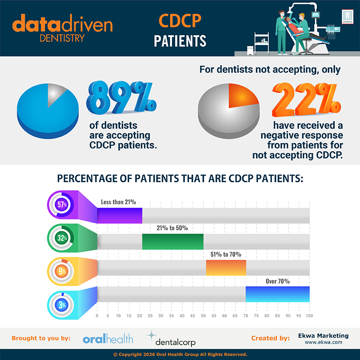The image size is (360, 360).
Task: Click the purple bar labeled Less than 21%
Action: pyautogui.click(x=120, y=215)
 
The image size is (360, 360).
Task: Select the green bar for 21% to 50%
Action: pyautogui.click(x=172, y=242)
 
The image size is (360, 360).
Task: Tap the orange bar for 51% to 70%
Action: pyautogui.click(x=226, y=268)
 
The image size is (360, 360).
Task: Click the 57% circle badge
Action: pyautogui.click(x=62, y=205)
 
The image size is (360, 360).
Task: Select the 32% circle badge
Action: pyautogui.click(x=62, y=238)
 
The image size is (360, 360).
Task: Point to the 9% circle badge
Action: pyautogui.click(x=62, y=271)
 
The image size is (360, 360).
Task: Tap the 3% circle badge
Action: pyautogui.click(x=62, y=305)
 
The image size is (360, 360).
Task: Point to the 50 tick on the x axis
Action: pyautogui.click(x=203, y=316)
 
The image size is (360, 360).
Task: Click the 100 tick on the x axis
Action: pyautogui.click(x=309, y=316)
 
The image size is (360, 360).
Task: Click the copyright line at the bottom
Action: pyautogui.click(x=180, y=355)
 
